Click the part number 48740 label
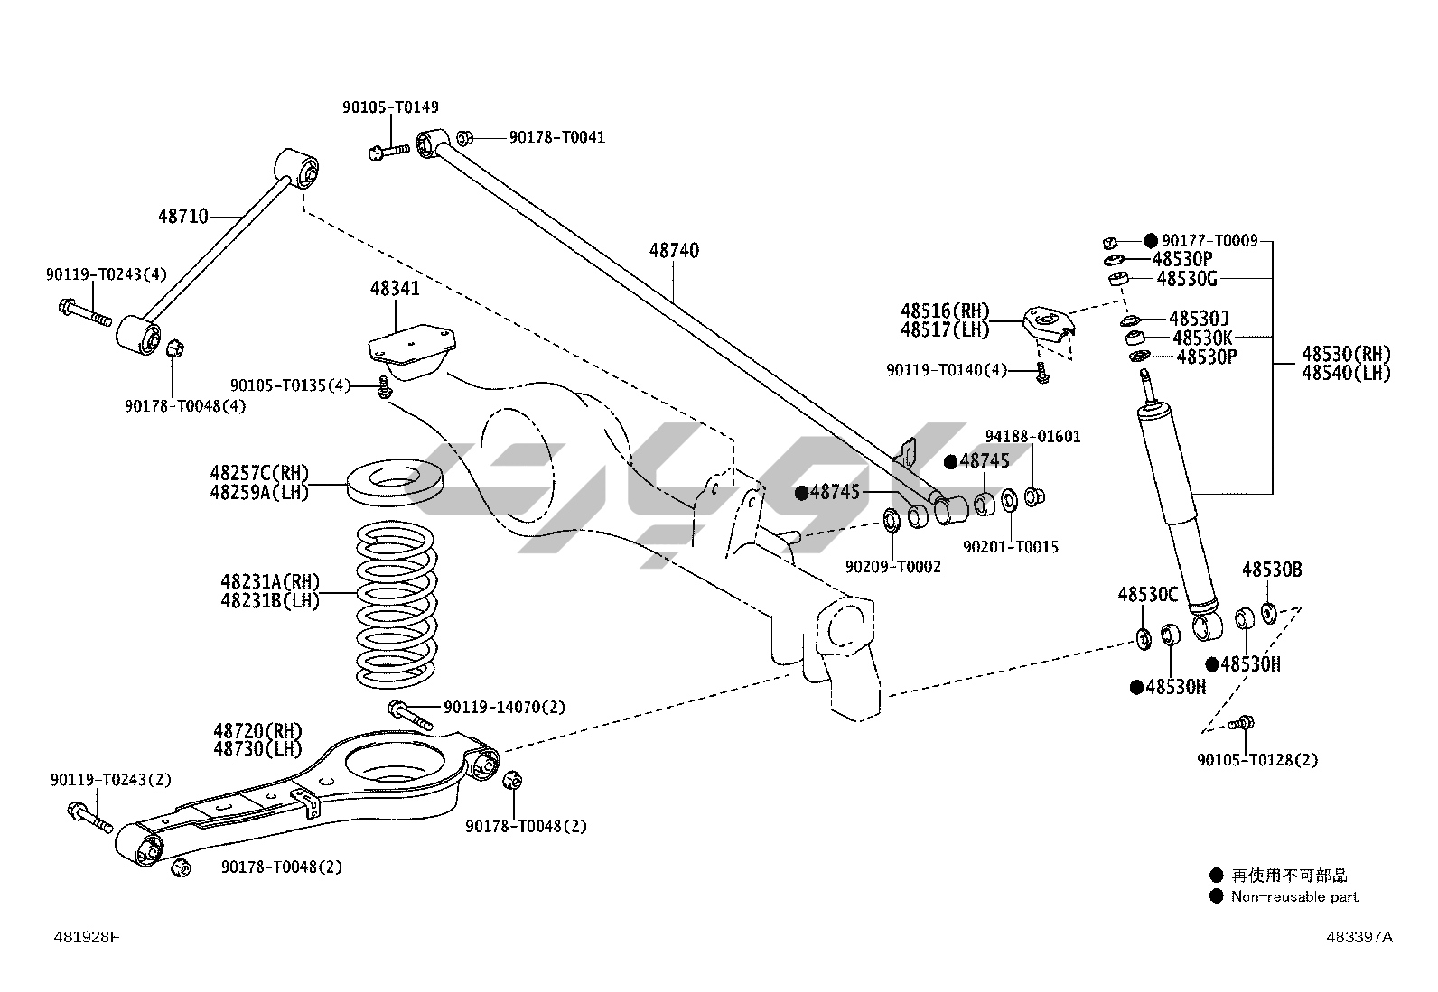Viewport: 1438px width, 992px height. [x=674, y=250]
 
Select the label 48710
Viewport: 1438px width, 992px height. [x=183, y=217]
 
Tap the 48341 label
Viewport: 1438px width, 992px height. [x=395, y=289]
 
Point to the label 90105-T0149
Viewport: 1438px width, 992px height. [x=390, y=107]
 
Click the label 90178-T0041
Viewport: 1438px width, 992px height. [x=556, y=137]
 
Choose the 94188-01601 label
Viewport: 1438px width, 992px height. [x=1032, y=437]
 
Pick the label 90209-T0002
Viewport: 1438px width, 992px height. [x=892, y=567]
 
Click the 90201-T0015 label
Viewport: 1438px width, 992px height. [x=1011, y=547]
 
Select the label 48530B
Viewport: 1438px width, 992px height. [x=1272, y=570]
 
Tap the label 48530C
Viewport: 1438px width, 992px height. [x=1148, y=595]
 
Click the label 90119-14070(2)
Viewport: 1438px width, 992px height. [x=504, y=707]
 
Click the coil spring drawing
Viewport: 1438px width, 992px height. [x=396, y=603]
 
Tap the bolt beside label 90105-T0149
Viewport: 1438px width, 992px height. [x=388, y=150]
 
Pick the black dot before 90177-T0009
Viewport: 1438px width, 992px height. [x=1150, y=241]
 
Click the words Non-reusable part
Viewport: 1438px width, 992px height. [x=1293, y=896]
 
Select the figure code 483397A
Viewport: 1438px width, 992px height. [x=1359, y=937]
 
